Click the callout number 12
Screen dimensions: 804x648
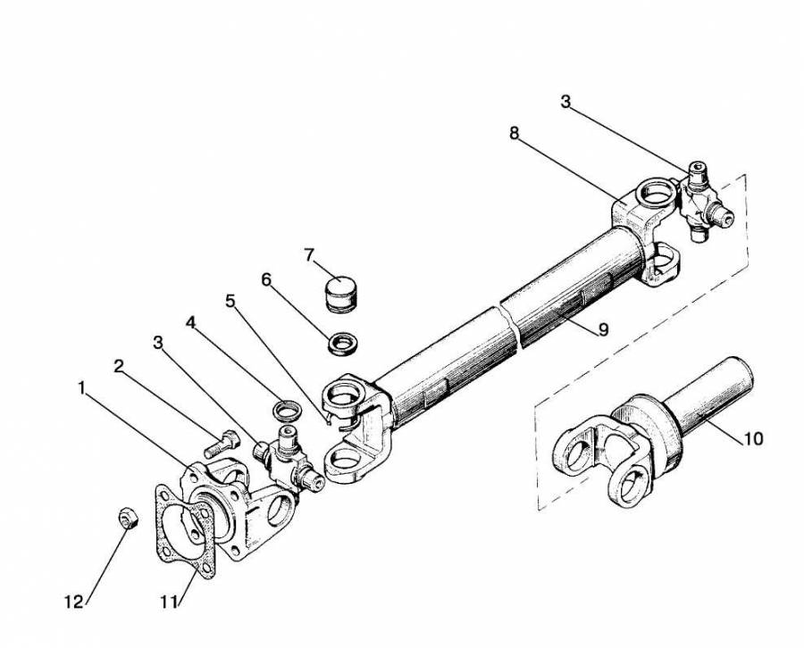[x=74, y=602]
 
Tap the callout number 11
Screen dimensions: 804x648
[x=168, y=602]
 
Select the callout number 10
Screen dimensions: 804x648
[x=753, y=438]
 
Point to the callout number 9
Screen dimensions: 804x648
[x=604, y=329]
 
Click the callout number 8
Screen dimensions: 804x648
[x=514, y=133]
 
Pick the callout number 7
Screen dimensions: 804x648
[x=309, y=254]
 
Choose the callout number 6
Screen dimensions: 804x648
[x=265, y=279]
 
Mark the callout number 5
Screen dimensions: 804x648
[x=230, y=301]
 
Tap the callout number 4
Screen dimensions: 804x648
[x=191, y=322]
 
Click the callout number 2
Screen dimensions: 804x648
[x=119, y=366]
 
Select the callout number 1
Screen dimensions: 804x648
[x=81, y=388]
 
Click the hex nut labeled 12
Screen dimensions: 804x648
[x=128, y=519]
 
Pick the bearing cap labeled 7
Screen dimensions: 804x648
[x=342, y=294]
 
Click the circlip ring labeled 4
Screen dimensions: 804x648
[x=285, y=409]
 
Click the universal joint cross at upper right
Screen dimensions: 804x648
[x=704, y=202]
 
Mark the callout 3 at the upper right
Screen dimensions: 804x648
[x=565, y=102]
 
